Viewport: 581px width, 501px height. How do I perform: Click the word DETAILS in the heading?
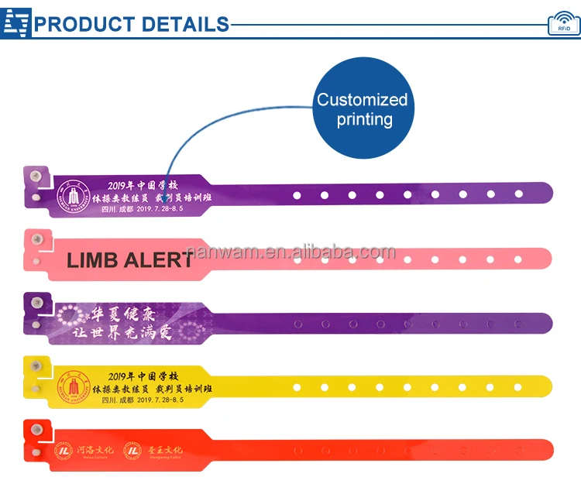click(186, 23)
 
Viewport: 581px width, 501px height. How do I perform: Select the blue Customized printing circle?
click(362, 109)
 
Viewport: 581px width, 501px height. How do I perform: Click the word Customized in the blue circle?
click(362, 100)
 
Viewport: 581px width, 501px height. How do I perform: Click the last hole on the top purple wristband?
click(519, 194)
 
